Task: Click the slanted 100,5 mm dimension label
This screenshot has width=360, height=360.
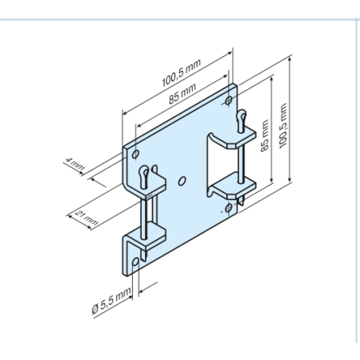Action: click(182, 72)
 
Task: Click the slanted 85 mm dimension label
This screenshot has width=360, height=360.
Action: click(182, 93)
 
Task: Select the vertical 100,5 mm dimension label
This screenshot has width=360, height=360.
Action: click(284, 126)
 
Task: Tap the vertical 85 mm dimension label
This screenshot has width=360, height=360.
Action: click(264, 135)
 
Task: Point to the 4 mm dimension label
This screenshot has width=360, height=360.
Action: click(75, 163)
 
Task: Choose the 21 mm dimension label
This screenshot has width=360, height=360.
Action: click(87, 217)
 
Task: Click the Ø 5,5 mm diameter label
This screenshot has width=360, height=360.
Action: click(112, 300)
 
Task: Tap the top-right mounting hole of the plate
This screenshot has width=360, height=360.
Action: click(229, 100)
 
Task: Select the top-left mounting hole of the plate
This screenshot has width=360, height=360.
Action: click(135, 154)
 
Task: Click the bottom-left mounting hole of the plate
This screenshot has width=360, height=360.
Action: click(135, 262)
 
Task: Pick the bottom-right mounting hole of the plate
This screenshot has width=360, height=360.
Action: click(229, 208)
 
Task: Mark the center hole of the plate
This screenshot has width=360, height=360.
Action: click(182, 181)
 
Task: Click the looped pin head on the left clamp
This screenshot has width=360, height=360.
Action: click(144, 177)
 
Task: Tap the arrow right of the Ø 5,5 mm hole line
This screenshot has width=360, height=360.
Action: click(148, 288)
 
